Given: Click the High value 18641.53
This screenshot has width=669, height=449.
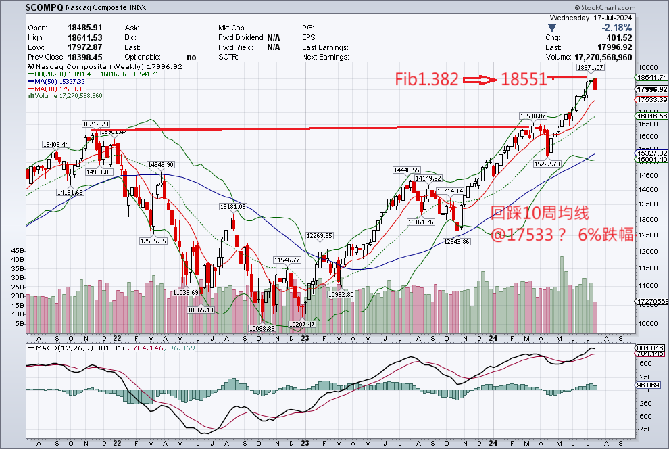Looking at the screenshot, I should (84, 37).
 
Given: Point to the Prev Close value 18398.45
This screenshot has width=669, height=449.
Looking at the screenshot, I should (84, 57).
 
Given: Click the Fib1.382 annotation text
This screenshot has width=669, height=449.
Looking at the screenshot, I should (426, 80).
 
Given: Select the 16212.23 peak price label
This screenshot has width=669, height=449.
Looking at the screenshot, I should (96, 124).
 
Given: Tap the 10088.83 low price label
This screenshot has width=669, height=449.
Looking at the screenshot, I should (262, 327).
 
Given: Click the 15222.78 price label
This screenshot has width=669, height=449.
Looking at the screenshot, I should (547, 164).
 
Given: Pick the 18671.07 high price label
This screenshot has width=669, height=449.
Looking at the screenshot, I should (590, 68).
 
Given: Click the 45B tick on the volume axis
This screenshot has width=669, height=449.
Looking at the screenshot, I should (19, 250).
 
